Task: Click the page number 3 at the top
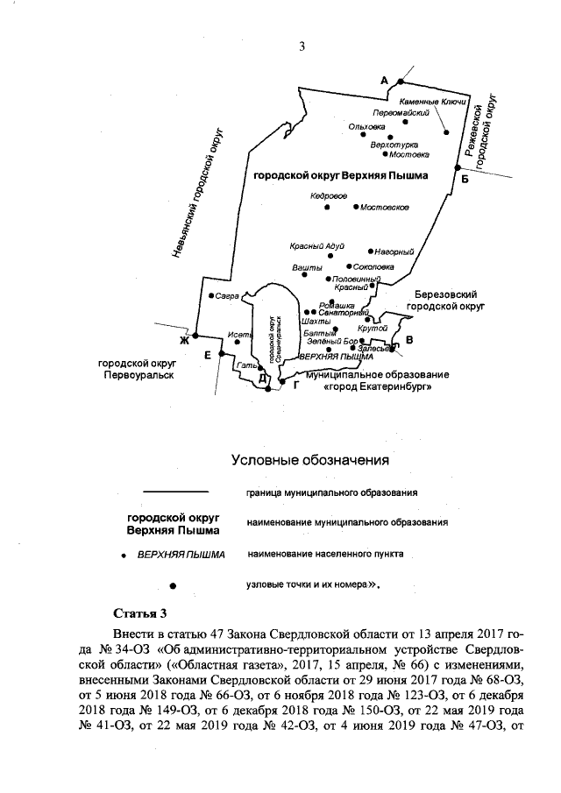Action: tap(301, 46)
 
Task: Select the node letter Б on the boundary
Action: tap(465, 179)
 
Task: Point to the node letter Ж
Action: tap(184, 339)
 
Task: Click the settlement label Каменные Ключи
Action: tap(431, 102)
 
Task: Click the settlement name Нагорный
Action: tap(394, 251)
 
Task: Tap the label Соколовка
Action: tap(374, 266)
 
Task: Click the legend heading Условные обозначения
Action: tap(309, 459)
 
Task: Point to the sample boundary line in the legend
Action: tap(175, 492)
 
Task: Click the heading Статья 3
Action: tap(140, 612)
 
